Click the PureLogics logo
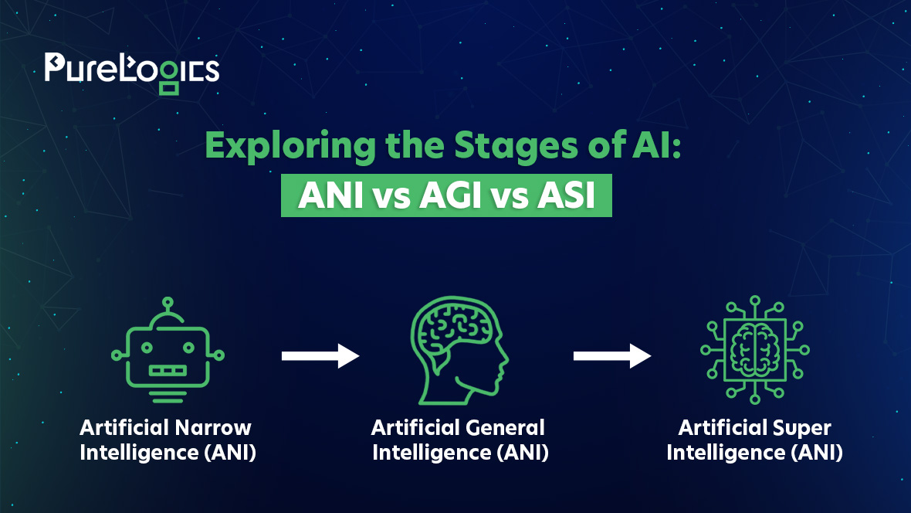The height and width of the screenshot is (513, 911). [132, 73]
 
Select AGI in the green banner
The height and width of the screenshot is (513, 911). [450, 195]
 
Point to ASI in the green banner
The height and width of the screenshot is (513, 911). [566, 195]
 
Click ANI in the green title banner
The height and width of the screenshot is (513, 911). [331, 195]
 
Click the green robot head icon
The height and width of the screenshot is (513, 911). [168, 350]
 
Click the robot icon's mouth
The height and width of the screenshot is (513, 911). [168, 371]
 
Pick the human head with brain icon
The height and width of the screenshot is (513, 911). [459, 350]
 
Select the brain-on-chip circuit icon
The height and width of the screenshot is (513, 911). [755, 349]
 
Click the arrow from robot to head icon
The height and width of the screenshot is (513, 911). [320, 356]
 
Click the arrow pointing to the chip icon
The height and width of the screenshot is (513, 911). [612, 356]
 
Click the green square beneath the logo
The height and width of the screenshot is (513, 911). [169, 88]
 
